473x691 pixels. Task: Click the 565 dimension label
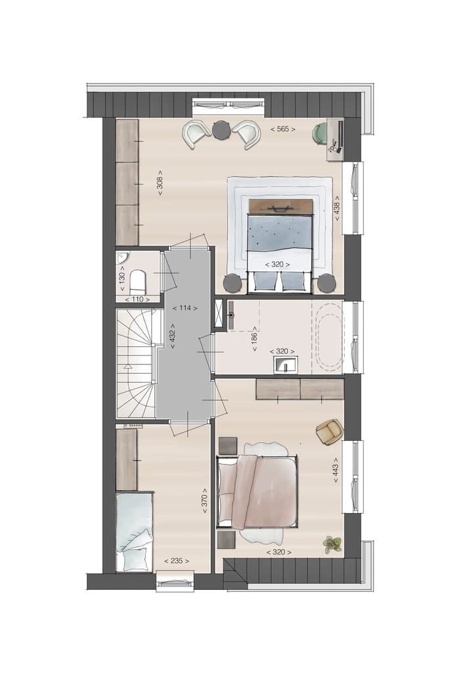click(x=282, y=129)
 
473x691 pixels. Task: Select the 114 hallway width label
click(x=186, y=307)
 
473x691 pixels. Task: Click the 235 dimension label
click(x=177, y=561)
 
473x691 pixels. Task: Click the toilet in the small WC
click(x=138, y=282)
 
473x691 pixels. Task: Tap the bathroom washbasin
click(x=285, y=363)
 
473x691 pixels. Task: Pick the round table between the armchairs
click(x=220, y=129)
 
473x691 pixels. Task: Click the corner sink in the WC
click(x=123, y=257)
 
